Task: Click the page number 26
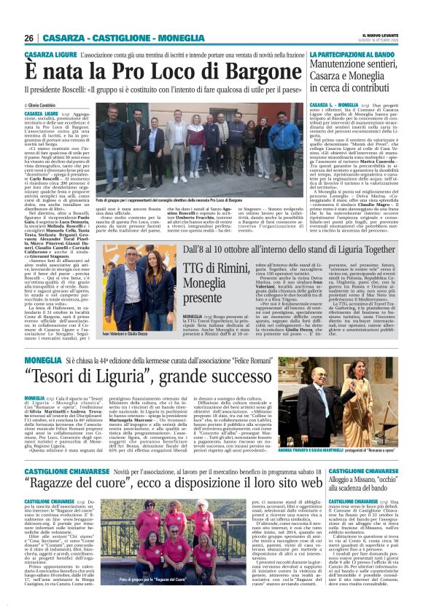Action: click(28, 38)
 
